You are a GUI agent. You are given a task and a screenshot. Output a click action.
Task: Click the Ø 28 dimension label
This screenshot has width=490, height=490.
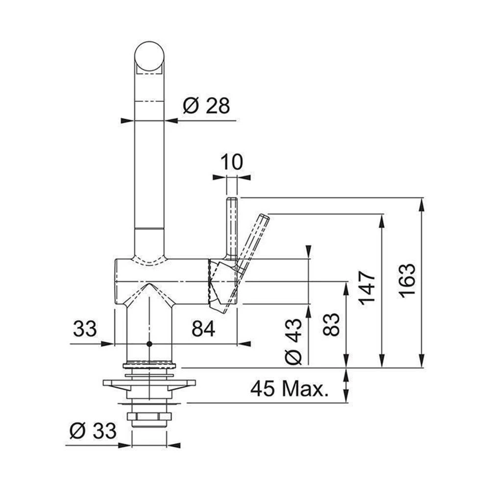click(206, 105)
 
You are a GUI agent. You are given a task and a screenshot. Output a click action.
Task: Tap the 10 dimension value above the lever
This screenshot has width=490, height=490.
click(232, 162)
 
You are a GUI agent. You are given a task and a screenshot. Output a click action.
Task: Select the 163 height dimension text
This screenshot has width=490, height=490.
click(408, 280)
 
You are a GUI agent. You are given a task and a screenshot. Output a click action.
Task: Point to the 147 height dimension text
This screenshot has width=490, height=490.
click(367, 288)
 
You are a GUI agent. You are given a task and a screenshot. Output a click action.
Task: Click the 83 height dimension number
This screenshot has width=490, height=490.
click(331, 324)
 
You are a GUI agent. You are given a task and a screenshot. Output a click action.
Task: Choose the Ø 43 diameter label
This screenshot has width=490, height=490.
click(294, 342)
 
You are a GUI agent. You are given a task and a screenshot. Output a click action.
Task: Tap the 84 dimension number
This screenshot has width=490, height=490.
click(203, 329)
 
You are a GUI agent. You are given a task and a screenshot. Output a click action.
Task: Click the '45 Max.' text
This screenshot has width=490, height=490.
click(290, 389)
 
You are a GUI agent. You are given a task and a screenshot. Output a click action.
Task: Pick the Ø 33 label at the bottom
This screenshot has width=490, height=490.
click(93, 431)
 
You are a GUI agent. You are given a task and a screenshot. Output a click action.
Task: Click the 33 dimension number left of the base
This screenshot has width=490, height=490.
click(85, 329)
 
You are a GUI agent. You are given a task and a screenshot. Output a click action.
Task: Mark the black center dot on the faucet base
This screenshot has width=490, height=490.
click(149, 344)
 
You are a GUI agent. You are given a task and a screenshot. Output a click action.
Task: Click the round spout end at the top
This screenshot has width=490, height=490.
click(149, 56)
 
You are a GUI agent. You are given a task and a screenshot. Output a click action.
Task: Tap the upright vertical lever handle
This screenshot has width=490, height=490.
click(232, 229)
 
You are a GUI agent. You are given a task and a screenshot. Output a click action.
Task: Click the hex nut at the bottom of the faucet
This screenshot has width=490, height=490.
click(149, 416)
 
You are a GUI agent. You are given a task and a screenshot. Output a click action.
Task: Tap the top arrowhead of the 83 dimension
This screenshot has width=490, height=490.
click(346, 288)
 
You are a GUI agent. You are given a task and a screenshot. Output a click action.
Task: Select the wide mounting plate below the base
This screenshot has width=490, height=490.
click(149, 383)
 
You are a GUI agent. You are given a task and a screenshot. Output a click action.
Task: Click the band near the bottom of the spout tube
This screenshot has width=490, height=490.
click(149, 229)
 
